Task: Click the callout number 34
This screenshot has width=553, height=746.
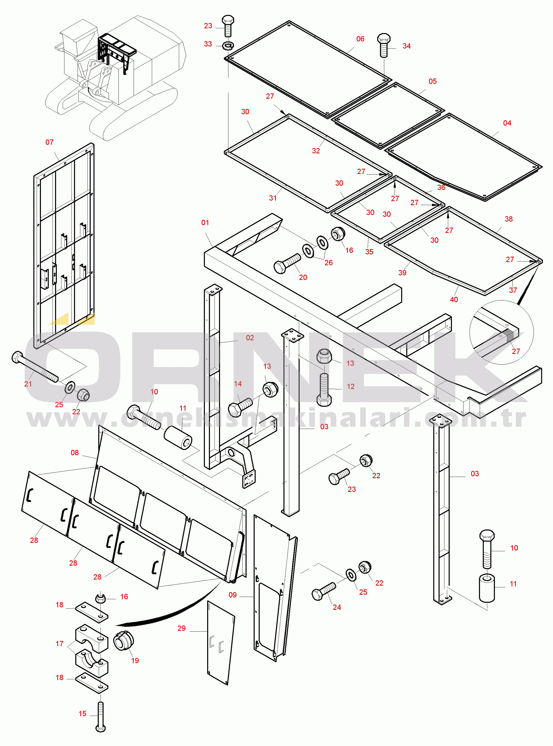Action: [406, 46]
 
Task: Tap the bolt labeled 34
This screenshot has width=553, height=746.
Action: [384, 45]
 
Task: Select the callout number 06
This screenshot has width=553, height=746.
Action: [360, 39]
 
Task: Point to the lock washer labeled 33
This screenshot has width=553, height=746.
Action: [228, 45]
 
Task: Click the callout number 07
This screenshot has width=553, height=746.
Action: [49, 142]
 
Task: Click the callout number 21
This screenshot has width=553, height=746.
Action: [28, 384]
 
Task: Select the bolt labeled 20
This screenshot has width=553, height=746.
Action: [287, 263]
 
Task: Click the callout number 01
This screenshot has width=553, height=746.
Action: [205, 223]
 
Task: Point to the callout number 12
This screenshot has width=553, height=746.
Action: [350, 387]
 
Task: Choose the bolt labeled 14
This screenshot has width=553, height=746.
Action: [240, 407]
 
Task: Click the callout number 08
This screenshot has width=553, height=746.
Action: [75, 452]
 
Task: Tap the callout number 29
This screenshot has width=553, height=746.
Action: [181, 628]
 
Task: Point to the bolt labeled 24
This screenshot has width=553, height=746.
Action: [323, 592]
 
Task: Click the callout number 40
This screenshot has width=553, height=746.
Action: [454, 300]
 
